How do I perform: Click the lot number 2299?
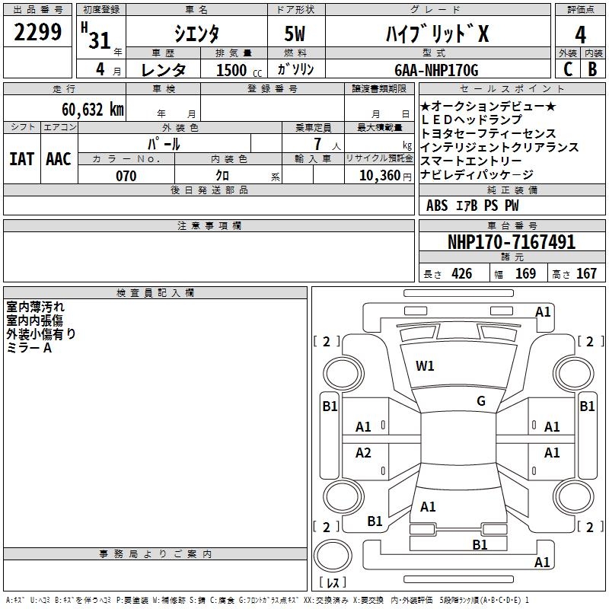click(38, 33)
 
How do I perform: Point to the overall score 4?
click(580, 35)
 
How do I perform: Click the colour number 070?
click(126, 176)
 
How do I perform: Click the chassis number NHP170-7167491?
click(511, 243)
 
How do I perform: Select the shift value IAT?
click(21, 158)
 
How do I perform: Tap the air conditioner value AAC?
click(59, 158)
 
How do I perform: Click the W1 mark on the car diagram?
click(425, 366)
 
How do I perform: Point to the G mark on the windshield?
click(481, 401)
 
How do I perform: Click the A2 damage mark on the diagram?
click(364, 453)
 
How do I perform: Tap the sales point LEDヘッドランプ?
click(471, 120)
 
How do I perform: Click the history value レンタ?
click(164, 70)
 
